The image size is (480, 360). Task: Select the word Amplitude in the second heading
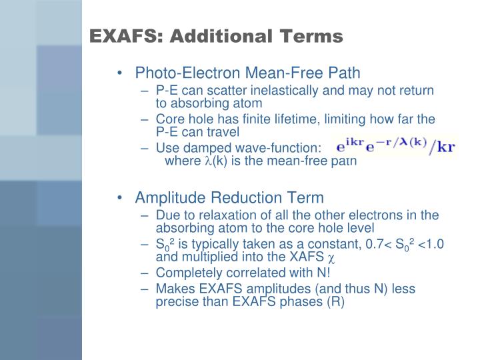pyautogui.click(x=166, y=197)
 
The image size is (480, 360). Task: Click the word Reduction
pyautogui.click(x=234, y=197)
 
